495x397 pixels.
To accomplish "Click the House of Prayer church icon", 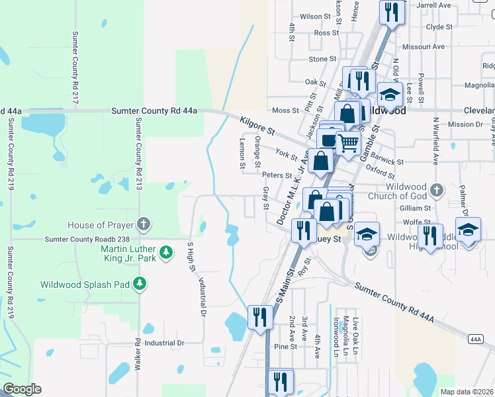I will pyautogui.click(x=142, y=223).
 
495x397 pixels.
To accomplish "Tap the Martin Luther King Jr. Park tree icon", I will pyautogui.click(x=167, y=252).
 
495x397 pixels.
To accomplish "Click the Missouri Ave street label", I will pyautogui.click(x=427, y=47).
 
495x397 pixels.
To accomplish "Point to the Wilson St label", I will pyautogui.click(x=314, y=17).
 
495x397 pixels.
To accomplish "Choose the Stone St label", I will pyautogui.click(x=323, y=59).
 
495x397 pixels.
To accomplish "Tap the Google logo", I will pyautogui.click(x=21, y=389).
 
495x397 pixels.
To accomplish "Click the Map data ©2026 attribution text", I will pyautogui.click(x=467, y=392).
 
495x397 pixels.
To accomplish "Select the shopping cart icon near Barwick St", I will pyautogui.click(x=348, y=142).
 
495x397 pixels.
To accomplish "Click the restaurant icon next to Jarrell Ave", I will pyautogui.click(x=391, y=12).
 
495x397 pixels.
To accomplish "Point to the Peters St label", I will pyautogui.click(x=277, y=175).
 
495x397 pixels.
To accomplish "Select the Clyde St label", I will pyautogui.click(x=439, y=27).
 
